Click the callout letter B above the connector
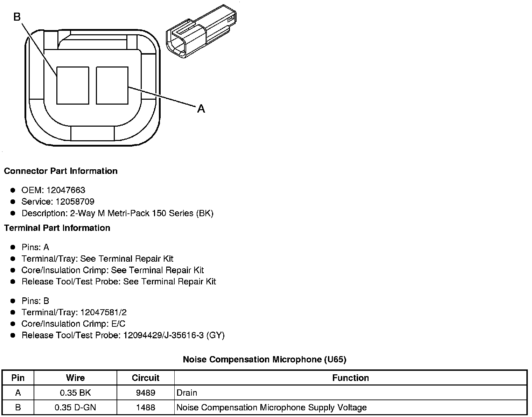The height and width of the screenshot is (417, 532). [x=17, y=17]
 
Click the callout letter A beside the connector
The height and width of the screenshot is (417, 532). [x=201, y=109]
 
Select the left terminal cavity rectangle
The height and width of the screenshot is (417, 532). [x=73, y=85]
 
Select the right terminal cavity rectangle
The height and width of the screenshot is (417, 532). [x=112, y=85]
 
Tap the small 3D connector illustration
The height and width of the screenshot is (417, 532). [x=201, y=31]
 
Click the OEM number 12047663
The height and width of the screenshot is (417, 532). [x=66, y=190]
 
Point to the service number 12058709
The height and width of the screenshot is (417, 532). [x=75, y=202]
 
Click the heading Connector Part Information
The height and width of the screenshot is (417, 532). [x=61, y=171]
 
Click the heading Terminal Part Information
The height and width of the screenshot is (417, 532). [x=57, y=228]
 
